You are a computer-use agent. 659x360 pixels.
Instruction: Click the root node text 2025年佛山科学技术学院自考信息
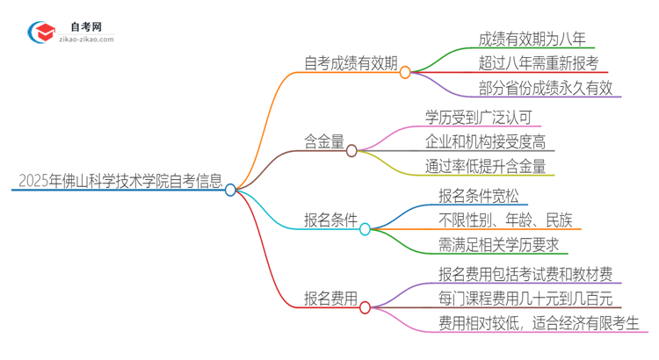coord(119,182)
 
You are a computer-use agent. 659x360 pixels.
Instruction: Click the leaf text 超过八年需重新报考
coord(538,63)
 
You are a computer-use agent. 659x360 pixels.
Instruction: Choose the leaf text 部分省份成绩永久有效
coord(545,88)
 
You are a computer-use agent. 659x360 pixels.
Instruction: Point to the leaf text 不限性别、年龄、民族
coord(503,220)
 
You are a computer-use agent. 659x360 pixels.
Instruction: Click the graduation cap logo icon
coord(41,34)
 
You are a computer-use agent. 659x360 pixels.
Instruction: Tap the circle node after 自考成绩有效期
coord(405,73)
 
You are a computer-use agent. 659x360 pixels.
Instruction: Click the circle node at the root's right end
coord(230,190)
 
